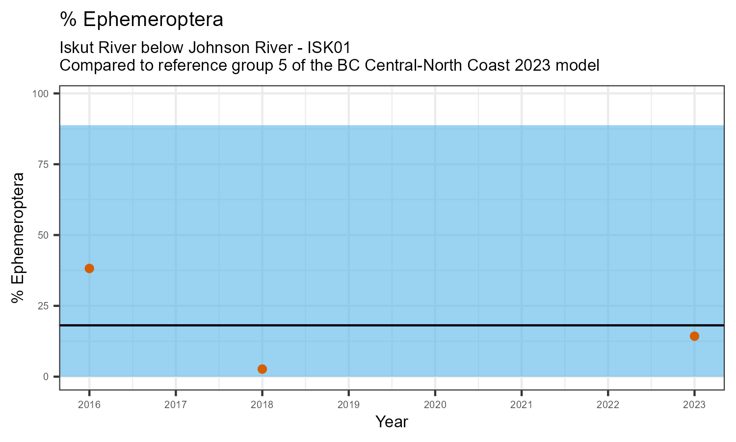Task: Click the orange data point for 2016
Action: click(89, 268)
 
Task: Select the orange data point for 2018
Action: click(262, 369)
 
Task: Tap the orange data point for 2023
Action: click(694, 336)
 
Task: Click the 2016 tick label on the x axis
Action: click(89, 405)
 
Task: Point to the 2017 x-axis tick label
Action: click(176, 405)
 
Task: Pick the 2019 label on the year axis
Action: click(348, 405)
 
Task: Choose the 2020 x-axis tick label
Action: click(435, 405)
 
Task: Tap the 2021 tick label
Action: click(521, 405)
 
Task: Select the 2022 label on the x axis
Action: click(607, 405)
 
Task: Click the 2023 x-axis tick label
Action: click(694, 405)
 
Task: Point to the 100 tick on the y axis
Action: click(43, 94)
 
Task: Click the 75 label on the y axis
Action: click(45, 165)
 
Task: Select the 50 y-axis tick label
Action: click(45, 235)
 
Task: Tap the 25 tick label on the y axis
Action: click(45, 306)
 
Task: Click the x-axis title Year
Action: click(392, 422)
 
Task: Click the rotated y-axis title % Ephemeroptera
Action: click(19, 237)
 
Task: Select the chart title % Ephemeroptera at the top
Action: click(141, 20)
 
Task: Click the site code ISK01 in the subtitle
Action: click(329, 48)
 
